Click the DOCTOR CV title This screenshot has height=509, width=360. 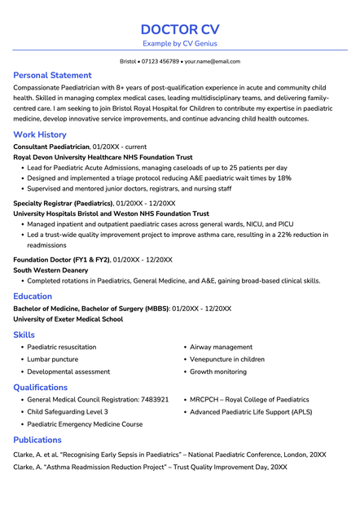click(x=180, y=29)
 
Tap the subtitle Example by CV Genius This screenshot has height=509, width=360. click(x=180, y=43)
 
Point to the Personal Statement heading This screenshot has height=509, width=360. click(x=52, y=75)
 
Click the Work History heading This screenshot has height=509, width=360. click(x=40, y=134)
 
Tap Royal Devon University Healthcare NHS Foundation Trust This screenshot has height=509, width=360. click(x=103, y=157)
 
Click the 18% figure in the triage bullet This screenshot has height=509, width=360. click(x=284, y=178)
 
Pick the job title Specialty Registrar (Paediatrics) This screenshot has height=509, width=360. click(x=63, y=203)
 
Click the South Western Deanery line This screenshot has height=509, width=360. click(x=50, y=270)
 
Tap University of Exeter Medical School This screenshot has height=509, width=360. click(x=68, y=319)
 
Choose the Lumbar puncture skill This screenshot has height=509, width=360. click(x=53, y=359)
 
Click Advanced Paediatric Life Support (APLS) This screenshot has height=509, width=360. click(x=251, y=412)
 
